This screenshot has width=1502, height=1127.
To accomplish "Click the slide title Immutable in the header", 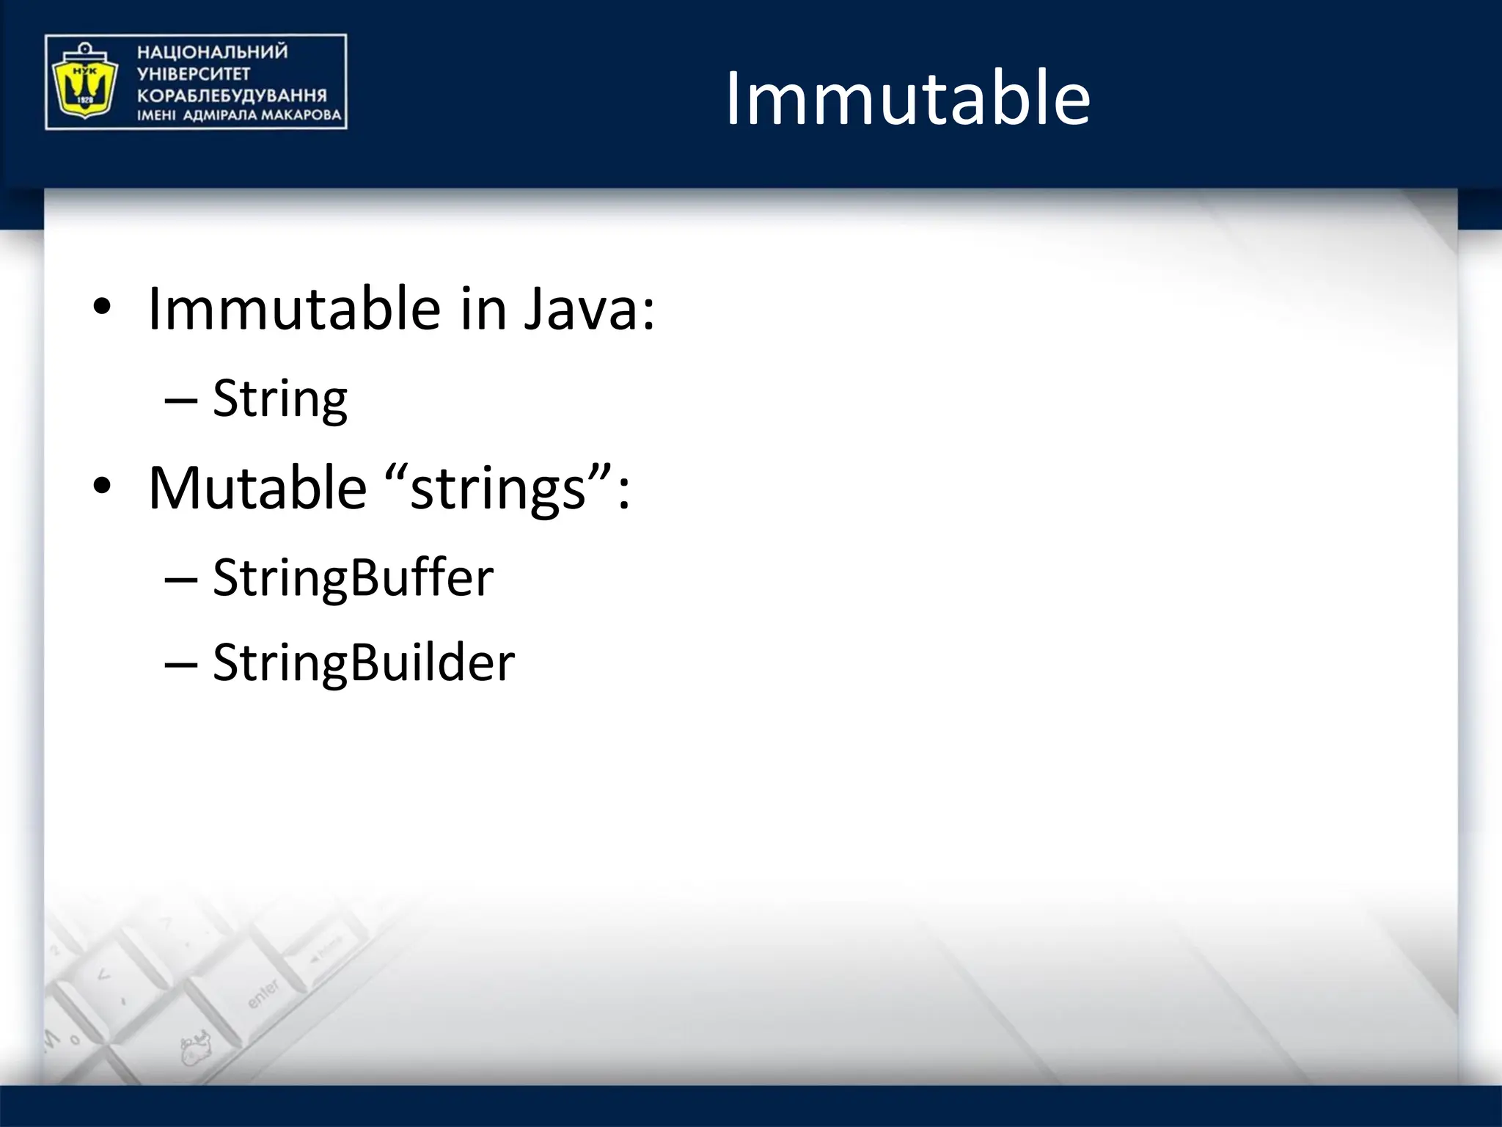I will (907, 99).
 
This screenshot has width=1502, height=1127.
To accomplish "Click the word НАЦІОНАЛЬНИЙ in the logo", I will (212, 52).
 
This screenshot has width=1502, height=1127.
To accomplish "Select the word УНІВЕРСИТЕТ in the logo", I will (194, 73).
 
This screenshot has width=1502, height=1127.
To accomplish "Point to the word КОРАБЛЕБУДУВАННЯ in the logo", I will (232, 95).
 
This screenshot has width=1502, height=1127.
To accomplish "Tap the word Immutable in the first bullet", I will (293, 309).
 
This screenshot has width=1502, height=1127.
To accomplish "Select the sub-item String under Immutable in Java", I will (279, 400).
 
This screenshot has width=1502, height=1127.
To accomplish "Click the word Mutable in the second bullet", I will (257, 488).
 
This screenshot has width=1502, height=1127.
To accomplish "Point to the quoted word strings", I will (498, 489).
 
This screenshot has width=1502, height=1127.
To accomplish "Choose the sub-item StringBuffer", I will (353, 578).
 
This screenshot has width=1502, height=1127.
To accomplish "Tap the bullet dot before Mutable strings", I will (102, 486).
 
